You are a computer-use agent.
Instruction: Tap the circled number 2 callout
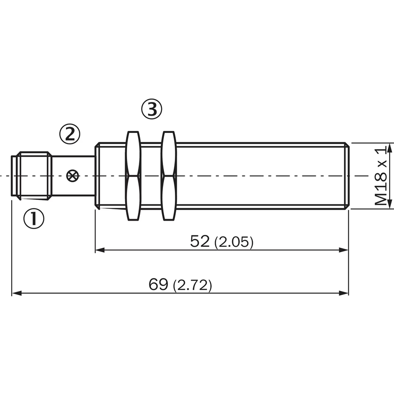pos(70,134)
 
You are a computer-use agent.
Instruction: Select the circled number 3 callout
pos(152,109)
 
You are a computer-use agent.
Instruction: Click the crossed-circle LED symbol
pos(72,176)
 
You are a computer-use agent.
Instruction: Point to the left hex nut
pos(133,176)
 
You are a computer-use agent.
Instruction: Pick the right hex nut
pos(168,176)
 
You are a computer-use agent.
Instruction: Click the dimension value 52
pos(200,241)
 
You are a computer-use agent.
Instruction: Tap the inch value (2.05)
pos(234,242)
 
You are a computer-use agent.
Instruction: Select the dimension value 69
pos(158,284)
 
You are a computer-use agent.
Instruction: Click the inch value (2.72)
pos(193,286)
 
